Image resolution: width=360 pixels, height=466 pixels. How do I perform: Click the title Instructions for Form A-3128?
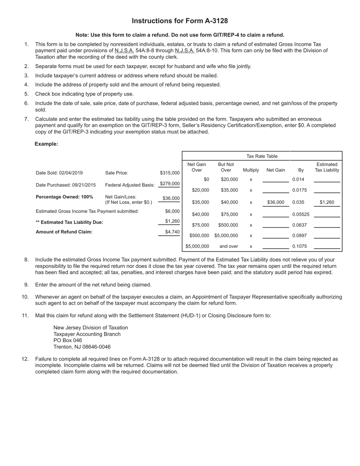pos(180,21)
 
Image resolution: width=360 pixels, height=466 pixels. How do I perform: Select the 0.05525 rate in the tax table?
pos(301,214)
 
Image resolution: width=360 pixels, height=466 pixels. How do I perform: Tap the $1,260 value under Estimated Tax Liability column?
pos(327,202)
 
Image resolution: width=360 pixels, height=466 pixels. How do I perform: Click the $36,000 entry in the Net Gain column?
pos(275,202)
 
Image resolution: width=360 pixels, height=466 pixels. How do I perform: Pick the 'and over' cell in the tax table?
pos(229,246)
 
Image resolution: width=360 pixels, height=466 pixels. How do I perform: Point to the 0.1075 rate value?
pos(299,246)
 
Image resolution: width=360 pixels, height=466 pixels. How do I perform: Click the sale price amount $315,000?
pos(170,173)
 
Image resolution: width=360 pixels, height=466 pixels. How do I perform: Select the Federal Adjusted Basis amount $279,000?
pos(169,184)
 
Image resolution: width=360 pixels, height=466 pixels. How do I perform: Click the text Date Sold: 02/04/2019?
pos(59,173)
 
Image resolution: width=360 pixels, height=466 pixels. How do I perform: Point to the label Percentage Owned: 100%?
pos(64,197)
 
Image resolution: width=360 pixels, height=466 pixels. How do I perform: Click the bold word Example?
pos(46,144)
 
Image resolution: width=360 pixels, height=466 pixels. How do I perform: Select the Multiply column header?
pos(251,170)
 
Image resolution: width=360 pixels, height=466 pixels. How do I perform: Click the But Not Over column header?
pos(226,167)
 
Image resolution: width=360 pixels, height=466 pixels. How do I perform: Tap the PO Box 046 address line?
pos(68,340)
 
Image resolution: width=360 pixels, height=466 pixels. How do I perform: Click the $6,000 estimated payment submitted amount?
pos(172,211)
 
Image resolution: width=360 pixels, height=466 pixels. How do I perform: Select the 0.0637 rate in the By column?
pos(299,225)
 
